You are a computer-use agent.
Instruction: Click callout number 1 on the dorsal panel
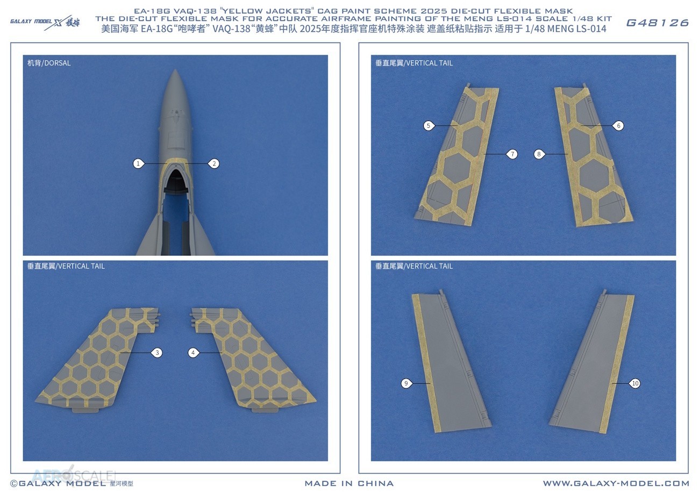(x=138, y=163)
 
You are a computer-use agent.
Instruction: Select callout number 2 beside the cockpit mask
(x=214, y=163)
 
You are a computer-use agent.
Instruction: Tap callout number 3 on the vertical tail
(x=157, y=353)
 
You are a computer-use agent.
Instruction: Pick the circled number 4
(x=193, y=353)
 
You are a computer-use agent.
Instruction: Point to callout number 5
(x=429, y=126)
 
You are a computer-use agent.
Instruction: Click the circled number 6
(x=618, y=126)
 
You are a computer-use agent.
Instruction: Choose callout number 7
(x=512, y=154)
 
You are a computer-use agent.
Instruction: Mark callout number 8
(x=539, y=154)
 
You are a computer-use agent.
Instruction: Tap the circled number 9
(x=406, y=383)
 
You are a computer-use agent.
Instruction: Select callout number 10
(x=636, y=383)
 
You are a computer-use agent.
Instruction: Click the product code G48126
(x=657, y=23)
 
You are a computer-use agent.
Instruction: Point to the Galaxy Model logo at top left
(x=45, y=22)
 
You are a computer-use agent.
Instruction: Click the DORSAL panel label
(x=49, y=63)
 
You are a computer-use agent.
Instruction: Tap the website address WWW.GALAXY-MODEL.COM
(x=616, y=483)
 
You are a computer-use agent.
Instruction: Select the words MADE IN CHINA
(x=349, y=483)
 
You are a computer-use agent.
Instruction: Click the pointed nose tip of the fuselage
(x=175, y=69)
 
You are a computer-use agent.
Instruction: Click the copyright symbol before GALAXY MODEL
(x=14, y=484)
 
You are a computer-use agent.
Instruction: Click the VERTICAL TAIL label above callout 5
(x=414, y=63)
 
